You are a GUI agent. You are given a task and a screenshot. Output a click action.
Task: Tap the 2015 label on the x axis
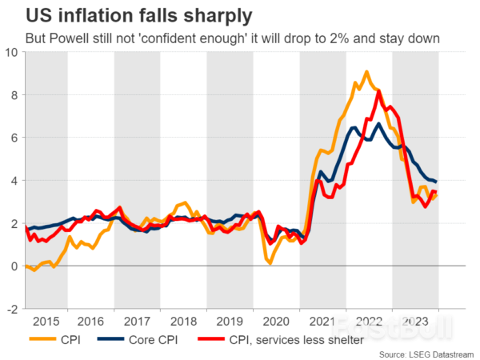tap(47, 321)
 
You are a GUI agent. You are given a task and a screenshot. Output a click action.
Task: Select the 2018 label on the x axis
tap(183, 321)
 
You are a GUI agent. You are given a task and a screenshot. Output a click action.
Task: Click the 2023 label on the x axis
tap(414, 321)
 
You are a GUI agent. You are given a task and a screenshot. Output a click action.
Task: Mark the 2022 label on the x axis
tap(368, 321)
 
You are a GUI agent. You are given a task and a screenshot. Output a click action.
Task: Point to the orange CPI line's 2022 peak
tap(366, 72)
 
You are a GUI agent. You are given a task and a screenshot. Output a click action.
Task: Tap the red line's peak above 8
tap(378, 90)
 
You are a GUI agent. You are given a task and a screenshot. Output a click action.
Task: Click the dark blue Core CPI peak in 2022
tap(378, 123)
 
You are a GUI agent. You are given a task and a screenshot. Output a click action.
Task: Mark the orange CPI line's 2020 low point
tap(270, 263)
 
